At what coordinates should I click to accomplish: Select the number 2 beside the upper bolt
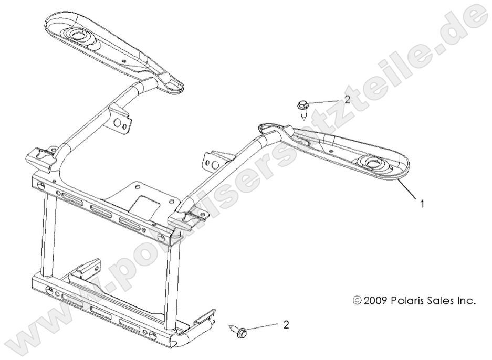click(x=347, y=100)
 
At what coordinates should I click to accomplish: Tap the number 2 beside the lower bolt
click(x=286, y=325)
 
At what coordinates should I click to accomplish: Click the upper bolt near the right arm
click(x=304, y=108)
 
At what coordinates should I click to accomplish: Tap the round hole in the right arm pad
click(x=375, y=164)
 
